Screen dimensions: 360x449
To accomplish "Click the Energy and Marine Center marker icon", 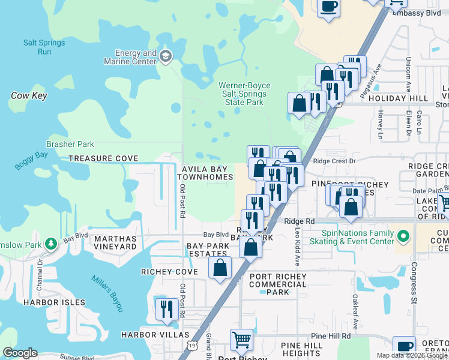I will click(x=166, y=57).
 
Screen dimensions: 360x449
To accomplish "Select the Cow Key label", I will click(x=29, y=95).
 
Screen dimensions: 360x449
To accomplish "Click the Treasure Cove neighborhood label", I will click(x=103, y=158).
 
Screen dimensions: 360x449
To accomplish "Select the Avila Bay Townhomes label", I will click(x=205, y=173).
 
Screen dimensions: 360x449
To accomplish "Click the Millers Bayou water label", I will click(x=107, y=293).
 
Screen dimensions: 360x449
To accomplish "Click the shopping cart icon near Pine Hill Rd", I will click(x=241, y=340).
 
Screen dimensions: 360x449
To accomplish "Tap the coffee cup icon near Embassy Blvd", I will click(x=328, y=7).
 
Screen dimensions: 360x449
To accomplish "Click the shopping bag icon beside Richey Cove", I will click(x=220, y=267).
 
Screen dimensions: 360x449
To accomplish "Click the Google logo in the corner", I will click(x=20, y=353).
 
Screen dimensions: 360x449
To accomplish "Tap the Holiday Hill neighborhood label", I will click(x=398, y=98).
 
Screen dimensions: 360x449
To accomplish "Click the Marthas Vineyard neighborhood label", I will click(x=115, y=242).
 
